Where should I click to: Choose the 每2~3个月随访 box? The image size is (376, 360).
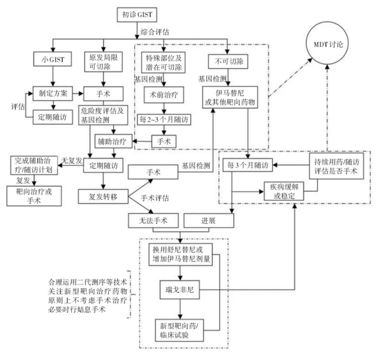(164, 119)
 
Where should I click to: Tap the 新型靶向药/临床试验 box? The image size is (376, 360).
(179, 330)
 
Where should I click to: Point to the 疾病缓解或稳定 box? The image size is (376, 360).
(284, 191)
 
